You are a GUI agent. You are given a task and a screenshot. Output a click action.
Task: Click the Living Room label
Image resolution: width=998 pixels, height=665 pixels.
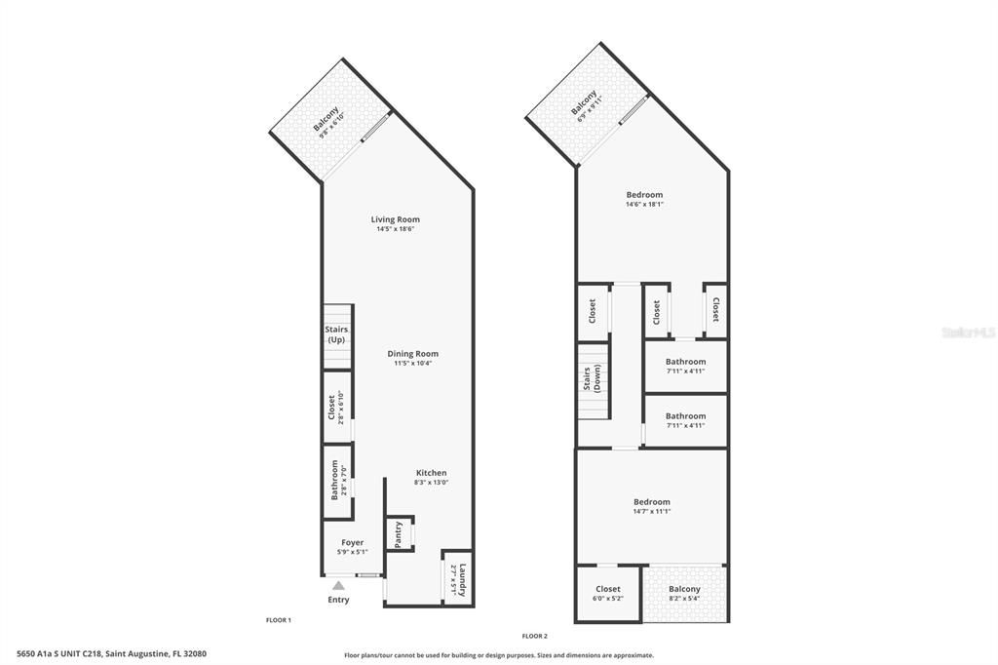[395, 219]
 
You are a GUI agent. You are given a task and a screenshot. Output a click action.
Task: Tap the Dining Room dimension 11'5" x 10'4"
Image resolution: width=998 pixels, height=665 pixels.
[412, 364]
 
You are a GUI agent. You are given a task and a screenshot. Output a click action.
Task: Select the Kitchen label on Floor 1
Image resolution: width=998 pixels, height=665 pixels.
[431, 473]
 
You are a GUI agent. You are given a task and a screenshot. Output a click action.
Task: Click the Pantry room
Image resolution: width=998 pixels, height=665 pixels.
[399, 534]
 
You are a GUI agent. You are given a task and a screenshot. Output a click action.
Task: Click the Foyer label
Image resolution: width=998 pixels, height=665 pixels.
[352, 543]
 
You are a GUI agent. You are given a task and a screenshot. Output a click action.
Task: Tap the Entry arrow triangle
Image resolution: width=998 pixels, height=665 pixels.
[338, 585]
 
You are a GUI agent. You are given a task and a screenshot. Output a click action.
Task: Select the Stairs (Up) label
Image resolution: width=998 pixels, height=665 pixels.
[336, 335]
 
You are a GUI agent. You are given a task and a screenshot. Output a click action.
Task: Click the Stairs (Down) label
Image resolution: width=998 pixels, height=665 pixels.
[592, 377]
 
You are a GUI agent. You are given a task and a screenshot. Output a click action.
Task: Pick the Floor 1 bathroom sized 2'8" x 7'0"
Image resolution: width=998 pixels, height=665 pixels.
[337, 480]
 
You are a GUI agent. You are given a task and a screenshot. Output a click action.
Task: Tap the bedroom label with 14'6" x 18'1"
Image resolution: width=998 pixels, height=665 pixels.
[644, 195]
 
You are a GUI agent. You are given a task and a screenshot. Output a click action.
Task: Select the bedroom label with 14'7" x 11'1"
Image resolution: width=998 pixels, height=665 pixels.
[651, 502]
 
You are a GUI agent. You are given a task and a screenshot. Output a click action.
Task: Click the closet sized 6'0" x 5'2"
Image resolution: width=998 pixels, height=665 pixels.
[607, 593]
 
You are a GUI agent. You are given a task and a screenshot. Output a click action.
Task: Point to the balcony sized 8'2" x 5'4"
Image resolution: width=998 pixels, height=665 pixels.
[684, 593]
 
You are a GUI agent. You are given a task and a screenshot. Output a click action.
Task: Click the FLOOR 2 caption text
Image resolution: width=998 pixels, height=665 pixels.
[534, 636]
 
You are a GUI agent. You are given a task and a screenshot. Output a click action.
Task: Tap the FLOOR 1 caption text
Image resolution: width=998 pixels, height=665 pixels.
[279, 620]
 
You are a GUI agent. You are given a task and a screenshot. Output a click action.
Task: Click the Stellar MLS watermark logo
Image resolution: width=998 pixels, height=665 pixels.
[968, 332]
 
